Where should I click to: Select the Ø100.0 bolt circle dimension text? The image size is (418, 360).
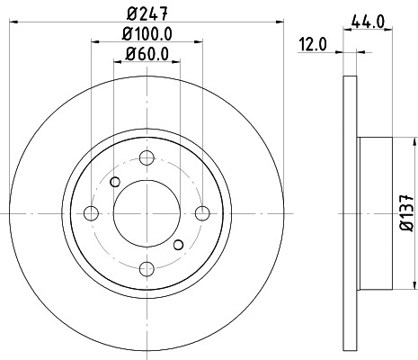[147, 35]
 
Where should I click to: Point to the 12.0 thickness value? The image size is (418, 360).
[312, 43]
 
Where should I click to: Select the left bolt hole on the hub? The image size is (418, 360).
[91, 212]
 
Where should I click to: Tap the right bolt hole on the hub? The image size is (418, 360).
[202, 212]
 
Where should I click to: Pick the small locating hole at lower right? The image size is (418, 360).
[178, 245]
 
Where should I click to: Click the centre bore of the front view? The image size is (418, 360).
[147, 212]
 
